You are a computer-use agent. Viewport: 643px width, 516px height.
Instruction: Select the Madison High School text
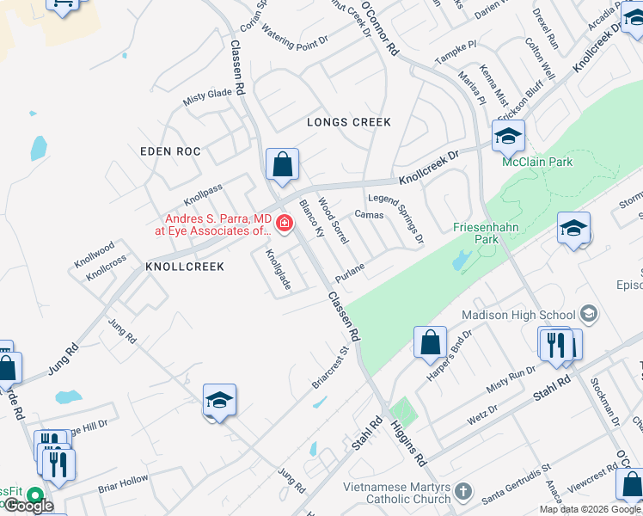[519, 315]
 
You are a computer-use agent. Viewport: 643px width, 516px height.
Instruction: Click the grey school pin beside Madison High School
[589, 313]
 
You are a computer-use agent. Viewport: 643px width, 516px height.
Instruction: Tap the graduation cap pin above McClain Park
[508, 136]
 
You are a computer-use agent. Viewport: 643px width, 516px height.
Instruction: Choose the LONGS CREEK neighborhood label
[349, 122]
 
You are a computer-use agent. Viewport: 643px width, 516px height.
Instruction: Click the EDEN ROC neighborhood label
[170, 151]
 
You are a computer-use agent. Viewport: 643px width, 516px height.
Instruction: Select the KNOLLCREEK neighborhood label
[185, 267]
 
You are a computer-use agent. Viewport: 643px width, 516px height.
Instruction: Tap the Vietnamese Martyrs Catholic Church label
[396, 493]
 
